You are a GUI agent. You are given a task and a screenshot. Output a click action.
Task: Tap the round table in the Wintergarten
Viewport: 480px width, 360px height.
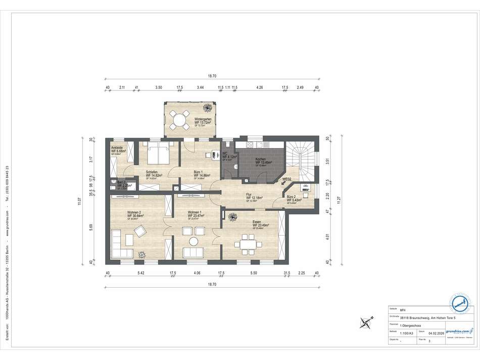178,120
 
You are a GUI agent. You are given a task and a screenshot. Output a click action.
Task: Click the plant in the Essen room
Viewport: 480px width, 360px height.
233,217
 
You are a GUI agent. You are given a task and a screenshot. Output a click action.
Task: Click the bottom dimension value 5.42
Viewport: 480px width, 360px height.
141,273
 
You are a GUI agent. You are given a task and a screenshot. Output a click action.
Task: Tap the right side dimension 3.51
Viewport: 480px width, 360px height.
328,162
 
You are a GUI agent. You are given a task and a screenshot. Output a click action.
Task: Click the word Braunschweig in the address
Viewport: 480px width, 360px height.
417,317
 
